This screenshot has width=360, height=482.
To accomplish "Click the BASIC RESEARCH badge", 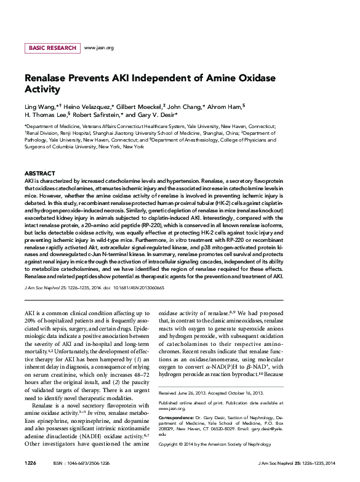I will pyautogui.click(x=52, y=47).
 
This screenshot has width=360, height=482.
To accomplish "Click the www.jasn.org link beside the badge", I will pyautogui.click(x=98, y=47).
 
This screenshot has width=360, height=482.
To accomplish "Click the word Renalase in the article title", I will pyautogui.click(x=50, y=79).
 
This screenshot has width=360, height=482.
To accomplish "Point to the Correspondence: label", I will pyautogui.click(x=177, y=400).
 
